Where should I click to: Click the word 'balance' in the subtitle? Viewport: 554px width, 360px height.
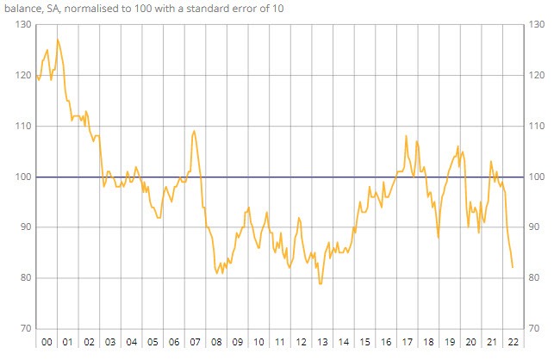tap(21, 8)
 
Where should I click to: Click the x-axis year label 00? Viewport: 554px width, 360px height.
tap(47, 342)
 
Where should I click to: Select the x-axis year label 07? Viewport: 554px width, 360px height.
tap(196, 342)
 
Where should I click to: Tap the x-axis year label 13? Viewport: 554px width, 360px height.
tap(322, 342)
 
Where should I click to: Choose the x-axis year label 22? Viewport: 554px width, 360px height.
tap(513, 342)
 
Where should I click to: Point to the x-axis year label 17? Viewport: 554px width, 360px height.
tap(407, 342)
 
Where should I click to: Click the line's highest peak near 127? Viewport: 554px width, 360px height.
tap(58, 40)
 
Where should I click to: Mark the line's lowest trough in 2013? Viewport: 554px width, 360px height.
tap(321, 283)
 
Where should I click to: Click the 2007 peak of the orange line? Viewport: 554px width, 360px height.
tap(194, 131)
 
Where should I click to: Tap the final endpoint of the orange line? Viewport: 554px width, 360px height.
tap(513, 267)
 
